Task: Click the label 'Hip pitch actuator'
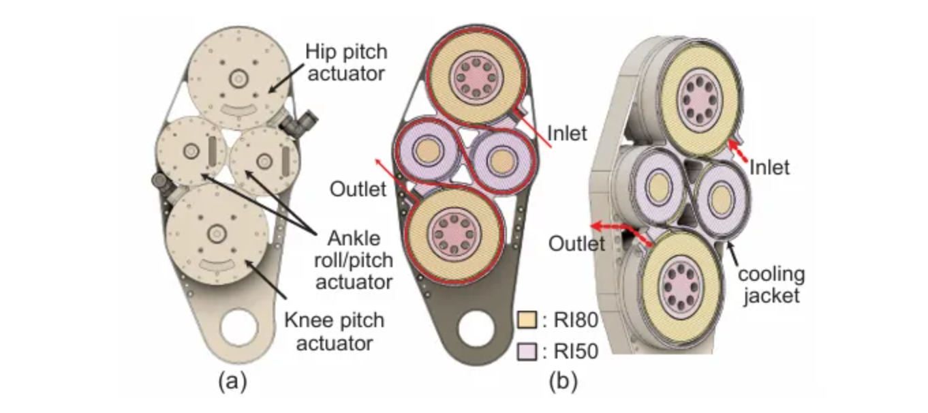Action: tap(345, 62)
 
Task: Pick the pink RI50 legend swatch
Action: tap(526, 351)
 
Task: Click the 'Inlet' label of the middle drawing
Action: tap(566, 133)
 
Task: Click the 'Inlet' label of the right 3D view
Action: tap(769, 166)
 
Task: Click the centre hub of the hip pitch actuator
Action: tap(238, 79)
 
